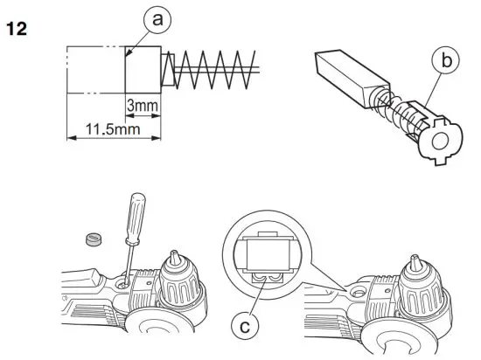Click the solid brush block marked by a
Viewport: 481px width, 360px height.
click(143, 67)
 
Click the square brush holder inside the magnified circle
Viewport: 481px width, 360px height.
click(266, 257)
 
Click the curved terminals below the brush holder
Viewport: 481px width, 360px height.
click(265, 278)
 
